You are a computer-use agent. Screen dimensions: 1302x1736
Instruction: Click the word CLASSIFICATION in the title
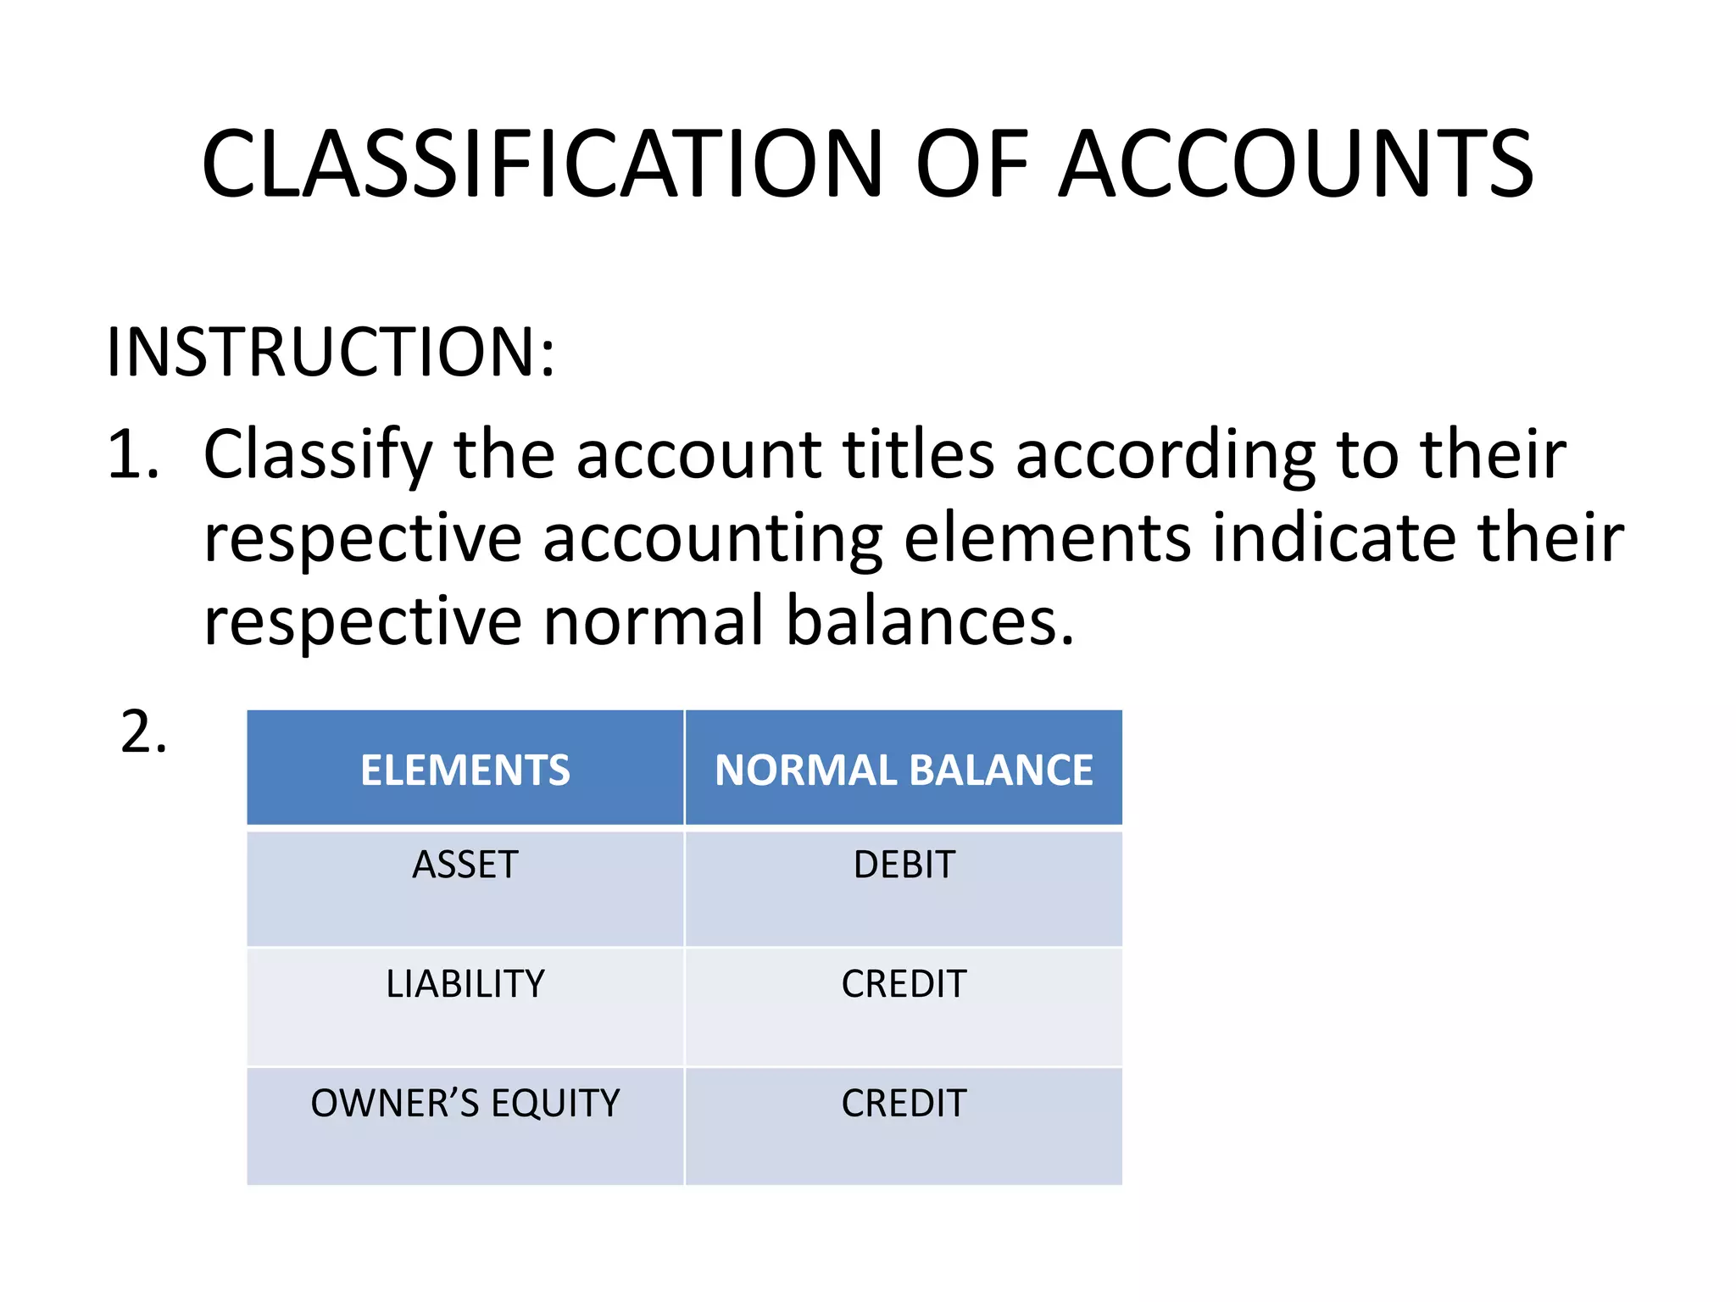[x=542, y=164]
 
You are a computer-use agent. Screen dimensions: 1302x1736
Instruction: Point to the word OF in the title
[x=971, y=164]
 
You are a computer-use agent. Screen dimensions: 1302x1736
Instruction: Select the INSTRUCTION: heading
[x=331, y=352]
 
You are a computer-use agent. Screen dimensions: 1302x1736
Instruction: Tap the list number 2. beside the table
[x=143, y=732]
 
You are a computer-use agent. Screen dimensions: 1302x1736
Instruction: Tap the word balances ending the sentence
[x=930, y=621]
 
